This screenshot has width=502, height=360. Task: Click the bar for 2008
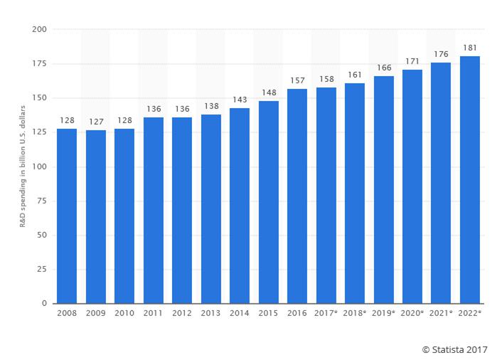tap(67, 216)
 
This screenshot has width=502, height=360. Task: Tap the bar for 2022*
tap(470, 180)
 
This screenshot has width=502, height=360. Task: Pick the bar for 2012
tap(182, 211)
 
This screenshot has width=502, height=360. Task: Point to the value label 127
tap(95, 122)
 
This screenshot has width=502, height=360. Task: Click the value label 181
tap(470, 48)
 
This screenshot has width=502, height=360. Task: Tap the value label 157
tap(297, 80)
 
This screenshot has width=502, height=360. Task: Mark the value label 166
tap(384, 68)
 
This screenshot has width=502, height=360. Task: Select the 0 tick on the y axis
tap(43, 304)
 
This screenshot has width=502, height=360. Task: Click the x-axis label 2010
tap(124, 314)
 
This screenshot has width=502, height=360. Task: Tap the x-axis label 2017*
tap(326, 314)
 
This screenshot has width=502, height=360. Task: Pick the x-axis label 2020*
tap(412, 314)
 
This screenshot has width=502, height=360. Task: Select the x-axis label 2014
tap(240, 314)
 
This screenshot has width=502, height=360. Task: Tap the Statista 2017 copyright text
tap(454, 349)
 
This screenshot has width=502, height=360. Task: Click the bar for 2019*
tap(384, 190)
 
